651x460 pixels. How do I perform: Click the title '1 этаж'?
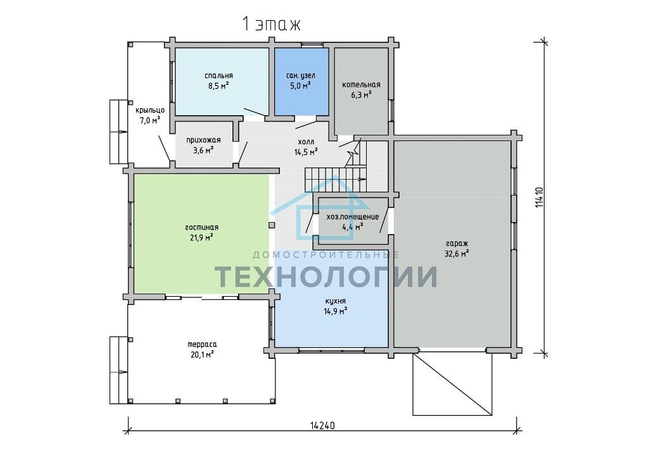click(272, 25)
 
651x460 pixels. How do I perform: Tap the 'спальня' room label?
click(219, 75)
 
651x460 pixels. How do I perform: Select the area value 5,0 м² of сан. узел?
click(301, 86)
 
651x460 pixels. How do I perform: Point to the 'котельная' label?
click(361, 85)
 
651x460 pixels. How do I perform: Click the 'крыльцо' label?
click(150, 110)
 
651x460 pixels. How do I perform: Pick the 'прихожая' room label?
click(203, 140)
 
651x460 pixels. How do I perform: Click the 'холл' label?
click(306, 142)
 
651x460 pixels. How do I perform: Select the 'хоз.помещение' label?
click(353, 217)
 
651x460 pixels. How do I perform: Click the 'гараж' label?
click(457, 244)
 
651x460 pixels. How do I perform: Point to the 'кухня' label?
click(335, 301)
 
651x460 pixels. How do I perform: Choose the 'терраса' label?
click(202, 344)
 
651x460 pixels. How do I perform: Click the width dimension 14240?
click(322, 425)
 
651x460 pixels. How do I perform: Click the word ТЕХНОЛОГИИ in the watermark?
click(325, 277)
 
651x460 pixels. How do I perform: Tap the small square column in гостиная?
click(272, 225)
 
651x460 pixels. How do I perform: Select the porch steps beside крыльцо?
click(118, 132)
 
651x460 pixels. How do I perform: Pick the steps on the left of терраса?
click(118, 370)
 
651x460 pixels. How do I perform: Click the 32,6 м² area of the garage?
click(457, 254)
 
